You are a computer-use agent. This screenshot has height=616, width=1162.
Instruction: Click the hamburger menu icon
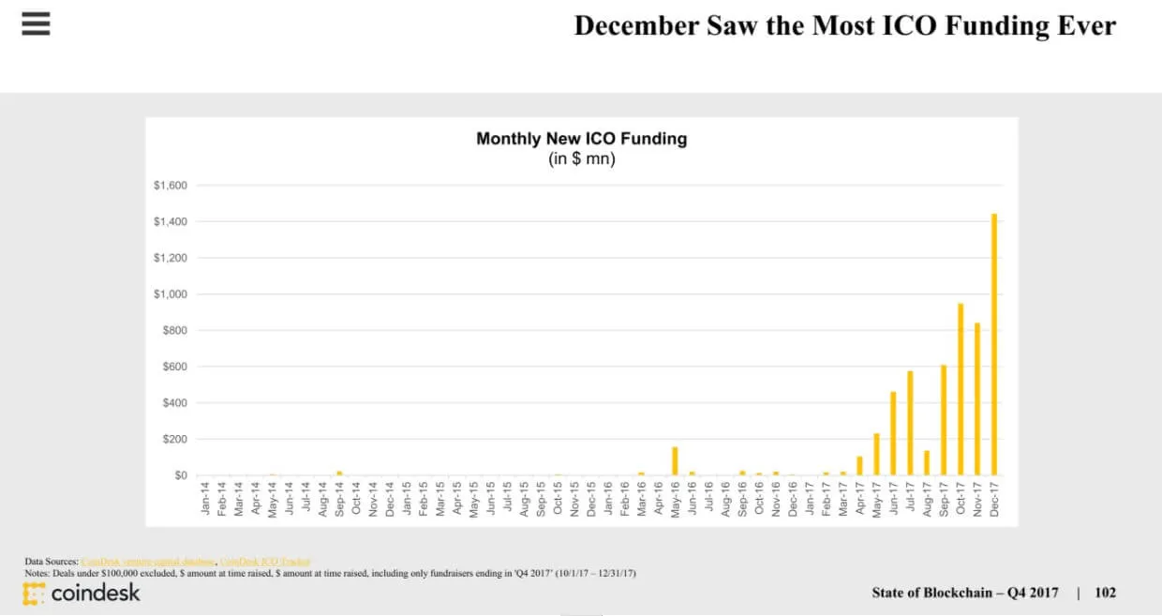click(36, 23)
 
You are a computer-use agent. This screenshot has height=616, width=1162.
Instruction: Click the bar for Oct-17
click(961, 389)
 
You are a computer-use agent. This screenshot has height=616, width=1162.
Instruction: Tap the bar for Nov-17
click(977, 399)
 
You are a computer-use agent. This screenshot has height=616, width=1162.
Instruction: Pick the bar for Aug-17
click(927, 463)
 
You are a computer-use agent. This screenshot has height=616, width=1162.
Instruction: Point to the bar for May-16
click(675, 461)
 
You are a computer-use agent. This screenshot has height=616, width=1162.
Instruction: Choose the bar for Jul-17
click(910, 423)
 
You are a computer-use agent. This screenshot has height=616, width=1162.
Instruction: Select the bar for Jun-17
click(893, 433)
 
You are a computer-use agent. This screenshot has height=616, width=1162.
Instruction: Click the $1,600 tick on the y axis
click(171, 186)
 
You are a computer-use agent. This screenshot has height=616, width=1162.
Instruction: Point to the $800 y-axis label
click(174, 330)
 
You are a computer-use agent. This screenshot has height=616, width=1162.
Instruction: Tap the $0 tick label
click(179, 475)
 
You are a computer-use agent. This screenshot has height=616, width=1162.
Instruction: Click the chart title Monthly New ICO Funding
click(581, 139)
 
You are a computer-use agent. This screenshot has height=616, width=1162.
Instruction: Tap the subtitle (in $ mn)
click(581, 159)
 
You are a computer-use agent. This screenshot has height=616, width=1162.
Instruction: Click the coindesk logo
click(82, 593)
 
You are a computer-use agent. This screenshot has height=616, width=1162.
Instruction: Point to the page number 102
click(1105, 593)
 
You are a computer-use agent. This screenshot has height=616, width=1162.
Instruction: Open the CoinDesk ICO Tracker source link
click(264, 561)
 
